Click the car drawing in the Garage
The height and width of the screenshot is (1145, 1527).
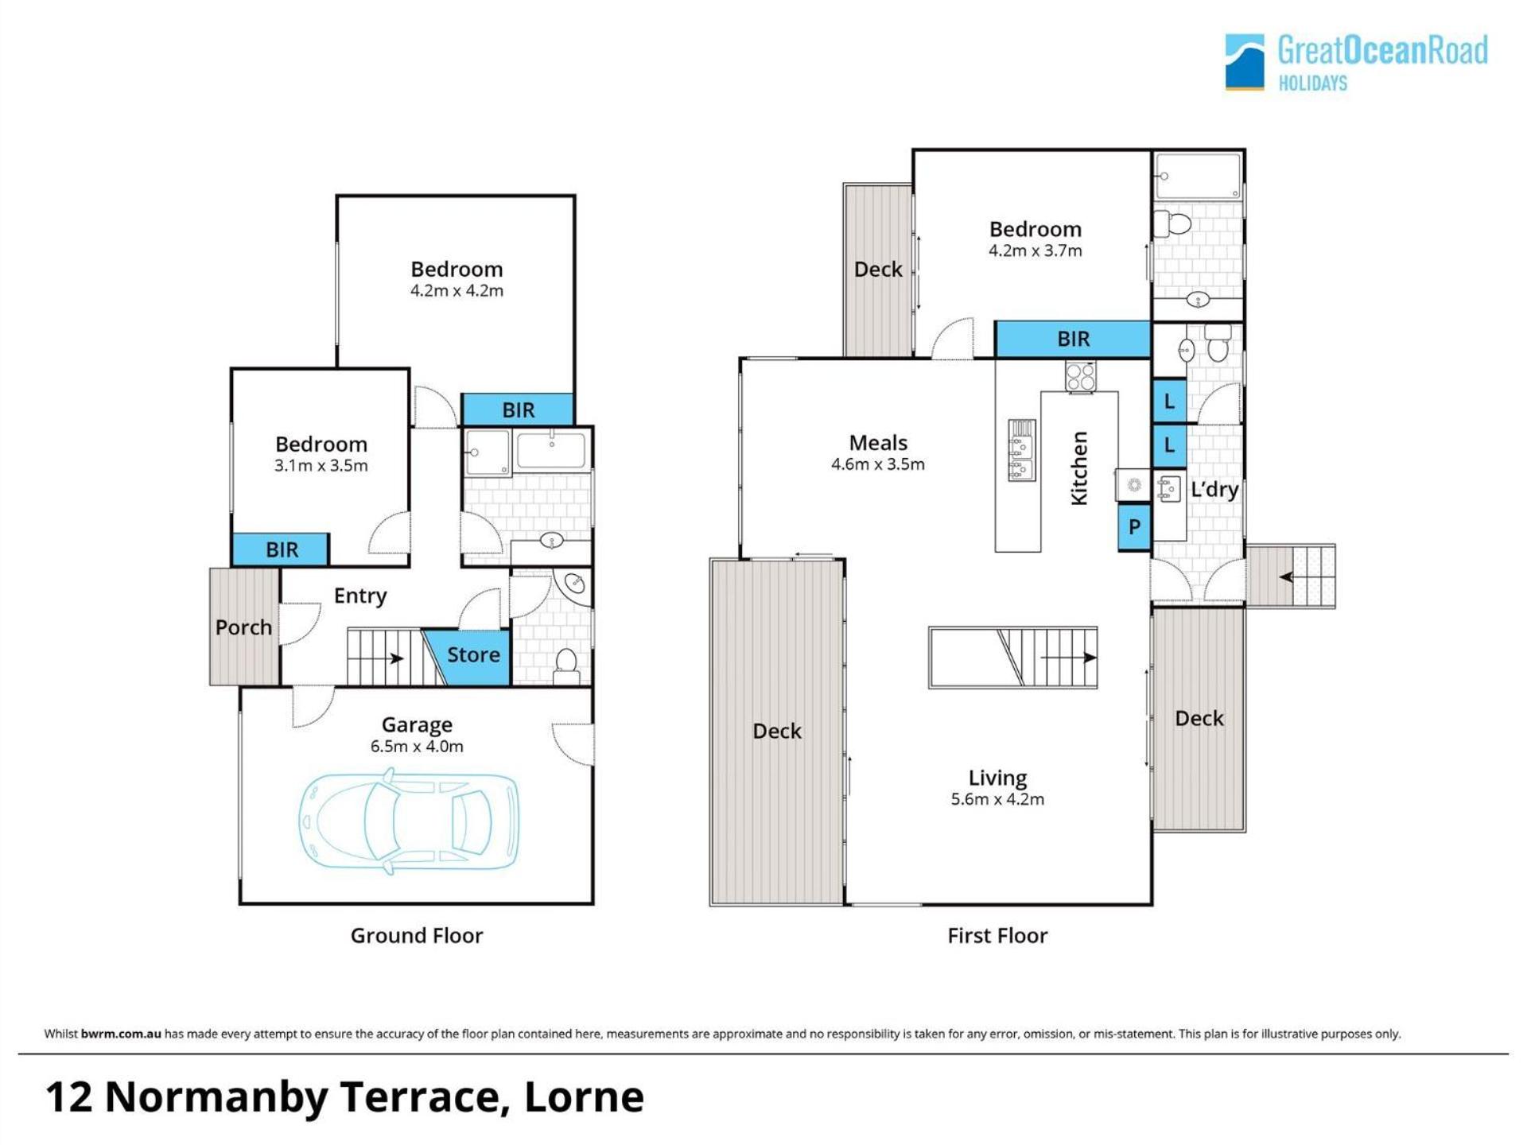point(409,821)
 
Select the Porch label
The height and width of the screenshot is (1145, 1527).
point(243,627)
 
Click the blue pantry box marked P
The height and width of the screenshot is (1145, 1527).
point(1134,526)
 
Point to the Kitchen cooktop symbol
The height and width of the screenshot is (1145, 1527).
point(1080,375)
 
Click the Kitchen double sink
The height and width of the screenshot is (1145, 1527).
point(1022,450)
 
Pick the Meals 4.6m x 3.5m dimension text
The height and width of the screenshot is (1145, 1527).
point(878,464)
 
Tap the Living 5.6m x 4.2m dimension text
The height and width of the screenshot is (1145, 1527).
point(997,799)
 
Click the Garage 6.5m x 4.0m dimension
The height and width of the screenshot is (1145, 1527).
point(417,746)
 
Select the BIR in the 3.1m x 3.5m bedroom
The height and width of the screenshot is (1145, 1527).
point(281,549)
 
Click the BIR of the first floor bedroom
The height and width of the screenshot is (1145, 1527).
point(1073,340)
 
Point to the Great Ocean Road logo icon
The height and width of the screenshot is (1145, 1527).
point(1245,62)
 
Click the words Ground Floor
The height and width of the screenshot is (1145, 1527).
point(417,935)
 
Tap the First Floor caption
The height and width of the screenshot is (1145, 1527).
point(997,935)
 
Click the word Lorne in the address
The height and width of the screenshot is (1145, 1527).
point(585,1097)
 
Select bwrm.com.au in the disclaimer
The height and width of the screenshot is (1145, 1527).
point(121,1034)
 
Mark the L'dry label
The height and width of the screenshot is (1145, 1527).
point(1214,490)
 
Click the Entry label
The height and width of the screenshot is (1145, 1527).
point(360,596)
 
